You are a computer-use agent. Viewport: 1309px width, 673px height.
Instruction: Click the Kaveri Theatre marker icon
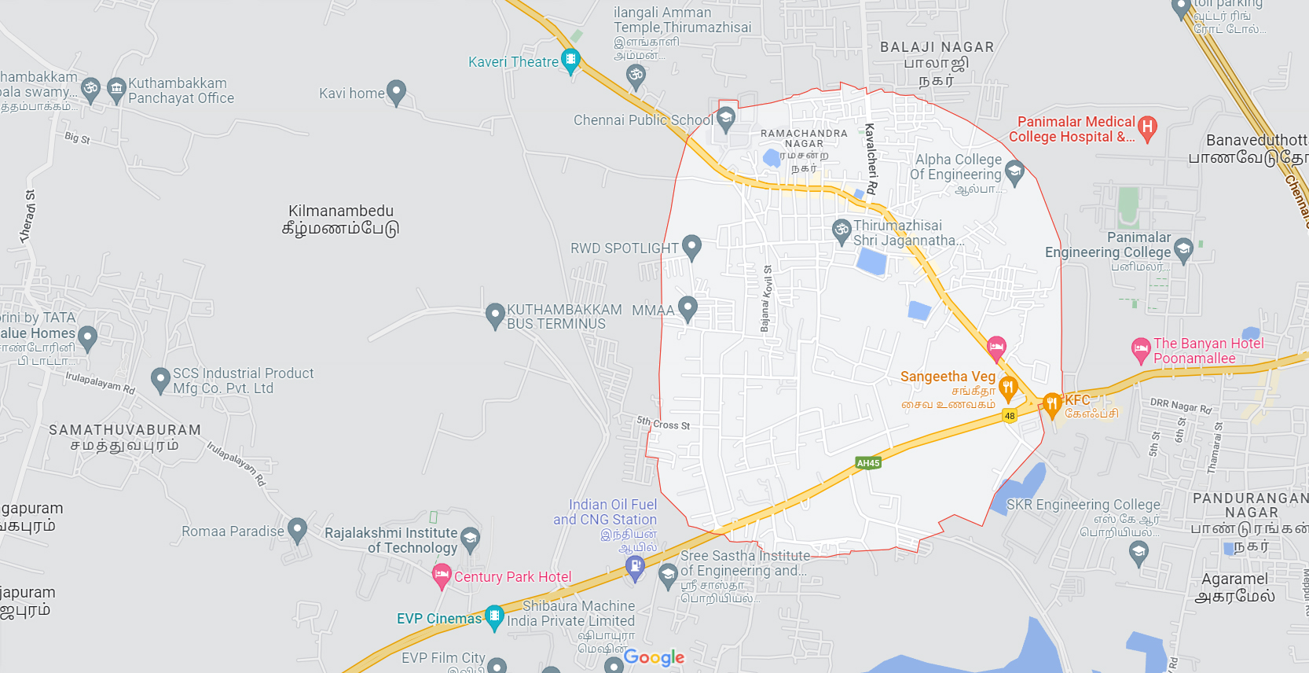click(571, 60)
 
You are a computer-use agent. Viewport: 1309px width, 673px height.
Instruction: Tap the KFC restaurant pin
click(1052, 405)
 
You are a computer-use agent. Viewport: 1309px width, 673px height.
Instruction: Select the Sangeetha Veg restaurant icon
click(1008, 387)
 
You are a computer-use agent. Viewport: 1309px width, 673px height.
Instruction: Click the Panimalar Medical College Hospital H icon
click(1148, 127)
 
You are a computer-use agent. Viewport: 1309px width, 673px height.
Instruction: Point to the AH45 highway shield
click(868, 463)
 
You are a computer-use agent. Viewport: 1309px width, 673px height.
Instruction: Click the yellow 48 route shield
click(1010, 416)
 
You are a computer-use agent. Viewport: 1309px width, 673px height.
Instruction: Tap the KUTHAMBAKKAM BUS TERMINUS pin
click(495, 316)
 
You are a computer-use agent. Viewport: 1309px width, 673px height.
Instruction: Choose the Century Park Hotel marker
click(442, 576)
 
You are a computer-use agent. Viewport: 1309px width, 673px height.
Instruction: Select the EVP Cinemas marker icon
click(494, 616)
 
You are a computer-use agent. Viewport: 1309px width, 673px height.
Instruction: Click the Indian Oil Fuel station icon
click(635, 566)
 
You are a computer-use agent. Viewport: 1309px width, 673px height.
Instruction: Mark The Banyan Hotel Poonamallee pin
click(1141, 350)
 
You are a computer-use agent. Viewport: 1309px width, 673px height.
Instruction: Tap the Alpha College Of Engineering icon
click(1014, 171)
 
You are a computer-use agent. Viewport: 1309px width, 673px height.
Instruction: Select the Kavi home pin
click(396, 92)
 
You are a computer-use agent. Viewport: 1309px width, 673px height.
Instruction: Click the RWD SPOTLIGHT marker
click(691, 247)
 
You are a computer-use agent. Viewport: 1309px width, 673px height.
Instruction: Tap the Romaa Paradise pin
click(297, 530)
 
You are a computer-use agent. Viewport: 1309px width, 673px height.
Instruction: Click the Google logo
click(654, 657)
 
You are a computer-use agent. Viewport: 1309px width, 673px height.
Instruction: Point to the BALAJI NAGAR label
click(937, 47)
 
